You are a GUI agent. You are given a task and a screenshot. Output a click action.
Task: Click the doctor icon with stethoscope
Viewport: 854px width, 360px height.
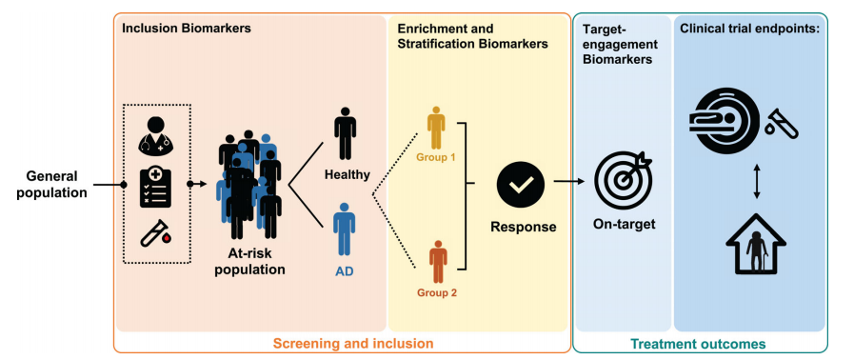pos(155,134)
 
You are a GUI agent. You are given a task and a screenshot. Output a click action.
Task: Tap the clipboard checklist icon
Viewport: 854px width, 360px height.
pos(156,187)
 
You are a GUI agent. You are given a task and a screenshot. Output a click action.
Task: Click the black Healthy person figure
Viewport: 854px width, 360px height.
pos(346,134)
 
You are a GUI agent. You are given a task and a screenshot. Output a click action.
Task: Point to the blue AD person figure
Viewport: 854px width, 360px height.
pos(345,230)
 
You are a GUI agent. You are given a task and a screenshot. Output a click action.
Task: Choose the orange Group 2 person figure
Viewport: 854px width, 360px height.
pos(438,261)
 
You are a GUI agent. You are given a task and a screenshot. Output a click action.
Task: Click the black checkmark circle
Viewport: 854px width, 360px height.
pos(520,185)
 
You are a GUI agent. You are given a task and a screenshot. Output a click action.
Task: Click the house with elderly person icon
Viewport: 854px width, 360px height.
pos(756,244)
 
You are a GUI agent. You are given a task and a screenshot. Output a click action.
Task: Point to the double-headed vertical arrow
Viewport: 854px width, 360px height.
pos(756,179)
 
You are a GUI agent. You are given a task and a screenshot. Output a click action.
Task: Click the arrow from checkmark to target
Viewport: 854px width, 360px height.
pos(569,184)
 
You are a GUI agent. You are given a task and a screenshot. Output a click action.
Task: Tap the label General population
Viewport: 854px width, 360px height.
pos(51,184)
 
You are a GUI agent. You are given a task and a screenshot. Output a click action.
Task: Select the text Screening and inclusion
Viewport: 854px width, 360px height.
pos(353,343)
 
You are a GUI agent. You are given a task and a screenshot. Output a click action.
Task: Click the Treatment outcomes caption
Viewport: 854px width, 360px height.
pos(698,344)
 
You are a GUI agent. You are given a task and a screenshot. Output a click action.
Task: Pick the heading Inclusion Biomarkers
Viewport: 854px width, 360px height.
pos(187,29)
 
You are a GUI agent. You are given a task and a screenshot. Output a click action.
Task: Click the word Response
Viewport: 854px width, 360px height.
pos(524,226)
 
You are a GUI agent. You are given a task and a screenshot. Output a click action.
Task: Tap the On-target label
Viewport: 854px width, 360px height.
pos(624,224)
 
